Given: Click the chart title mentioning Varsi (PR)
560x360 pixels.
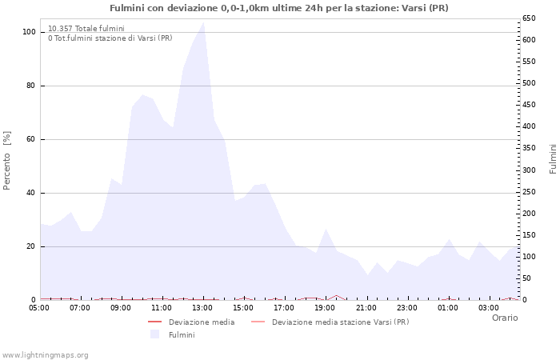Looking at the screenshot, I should [279, 8].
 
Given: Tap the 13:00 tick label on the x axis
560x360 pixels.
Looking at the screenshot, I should [202, 307].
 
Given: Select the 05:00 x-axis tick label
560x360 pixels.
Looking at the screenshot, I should [39, 307].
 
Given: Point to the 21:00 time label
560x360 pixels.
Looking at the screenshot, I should [366, 307].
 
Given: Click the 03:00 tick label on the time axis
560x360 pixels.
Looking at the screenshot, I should [488, 307].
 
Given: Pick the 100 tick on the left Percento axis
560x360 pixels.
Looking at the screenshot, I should [30, 32].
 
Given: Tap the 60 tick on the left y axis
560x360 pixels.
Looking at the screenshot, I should [31, 139].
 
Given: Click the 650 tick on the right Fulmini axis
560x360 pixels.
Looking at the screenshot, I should [529, 18].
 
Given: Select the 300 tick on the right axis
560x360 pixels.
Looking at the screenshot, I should [529, 170].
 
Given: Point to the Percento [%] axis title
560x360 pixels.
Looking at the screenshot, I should [7, 161].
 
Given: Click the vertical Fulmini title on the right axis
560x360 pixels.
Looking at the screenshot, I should [553, 158].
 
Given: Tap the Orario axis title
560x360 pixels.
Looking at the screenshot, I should [505, 318].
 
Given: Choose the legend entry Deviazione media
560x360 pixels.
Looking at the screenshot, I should [201, 322].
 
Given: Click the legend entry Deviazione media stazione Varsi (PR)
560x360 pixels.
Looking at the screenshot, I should [340, 322].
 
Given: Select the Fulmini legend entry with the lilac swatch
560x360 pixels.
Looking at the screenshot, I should [181, 335].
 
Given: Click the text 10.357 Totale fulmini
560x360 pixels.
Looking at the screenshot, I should [86, 28].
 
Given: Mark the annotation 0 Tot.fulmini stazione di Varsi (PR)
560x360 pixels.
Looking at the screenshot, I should [110, 38].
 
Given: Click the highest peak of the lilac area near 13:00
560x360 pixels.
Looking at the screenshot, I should [204, 22].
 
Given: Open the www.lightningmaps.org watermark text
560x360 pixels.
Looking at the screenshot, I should [46, 354].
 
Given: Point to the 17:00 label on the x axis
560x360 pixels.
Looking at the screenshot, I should [284, 307].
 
